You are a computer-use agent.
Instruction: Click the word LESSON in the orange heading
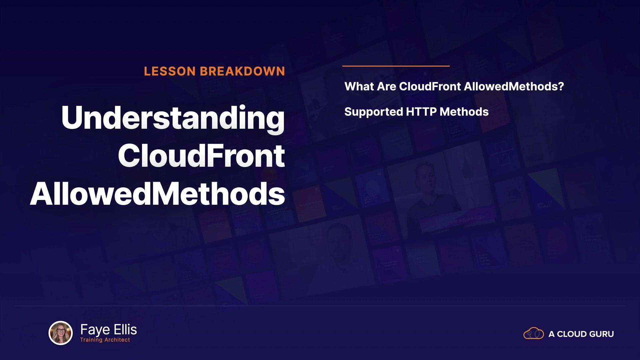pyautogui.click(x=170, y=71)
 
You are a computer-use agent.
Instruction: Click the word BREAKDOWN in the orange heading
pyautogui.click(x=242, y=71)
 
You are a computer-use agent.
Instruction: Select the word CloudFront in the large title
pyautogui.click(x=201, y=156)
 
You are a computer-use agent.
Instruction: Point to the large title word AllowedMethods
pyautogui.click(x=157, y=194)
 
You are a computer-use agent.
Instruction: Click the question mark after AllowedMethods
pyautogui.click(x=561, y=86)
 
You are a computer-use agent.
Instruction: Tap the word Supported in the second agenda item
pyautogui.click(x=374, y=112)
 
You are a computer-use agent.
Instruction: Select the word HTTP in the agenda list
pyautogui.click(x=421, y=112)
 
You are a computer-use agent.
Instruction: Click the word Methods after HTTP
pyautogui.click(x=464, y=112)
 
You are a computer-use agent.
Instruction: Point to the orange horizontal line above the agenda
pyautogui.click(x=396, y=66)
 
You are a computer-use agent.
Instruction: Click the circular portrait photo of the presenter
pyautogui.click(x=61, y=333)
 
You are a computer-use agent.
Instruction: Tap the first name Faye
pyautogui.click(x=95, y=330)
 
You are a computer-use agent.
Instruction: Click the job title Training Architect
pyautogui.click(x=105, y=340)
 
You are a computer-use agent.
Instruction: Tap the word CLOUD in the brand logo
pyautogui.click(x=572, y=334)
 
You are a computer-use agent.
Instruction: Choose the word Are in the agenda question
pyautogui.click(x=386, y=86)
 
